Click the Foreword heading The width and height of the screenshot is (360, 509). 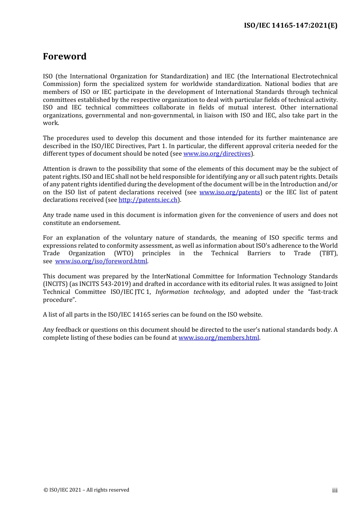pyautogui.click(x=64, y=56)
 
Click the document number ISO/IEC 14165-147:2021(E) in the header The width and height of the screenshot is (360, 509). pyautogui.click(x=290, y=25)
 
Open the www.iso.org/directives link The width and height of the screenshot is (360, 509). pyautogui.click(x=217, y=154)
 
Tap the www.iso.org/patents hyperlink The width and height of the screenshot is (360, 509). pyautogui.click(x=230, y=192)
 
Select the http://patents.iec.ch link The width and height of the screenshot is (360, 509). pyautogui.click(x=148, y=200)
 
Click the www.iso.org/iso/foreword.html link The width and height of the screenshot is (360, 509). pyautogui.click(x=101, y=261)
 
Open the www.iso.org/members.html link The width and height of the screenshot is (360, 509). pyautogui.click(x=219, y=338)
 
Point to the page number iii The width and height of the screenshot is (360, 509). pyautogui.click(x=335, y=490)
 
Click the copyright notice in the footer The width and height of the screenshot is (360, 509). pyautogui.click(x=86, y=490)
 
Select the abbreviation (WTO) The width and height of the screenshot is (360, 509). pyautogui.click(x=124, y=253)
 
